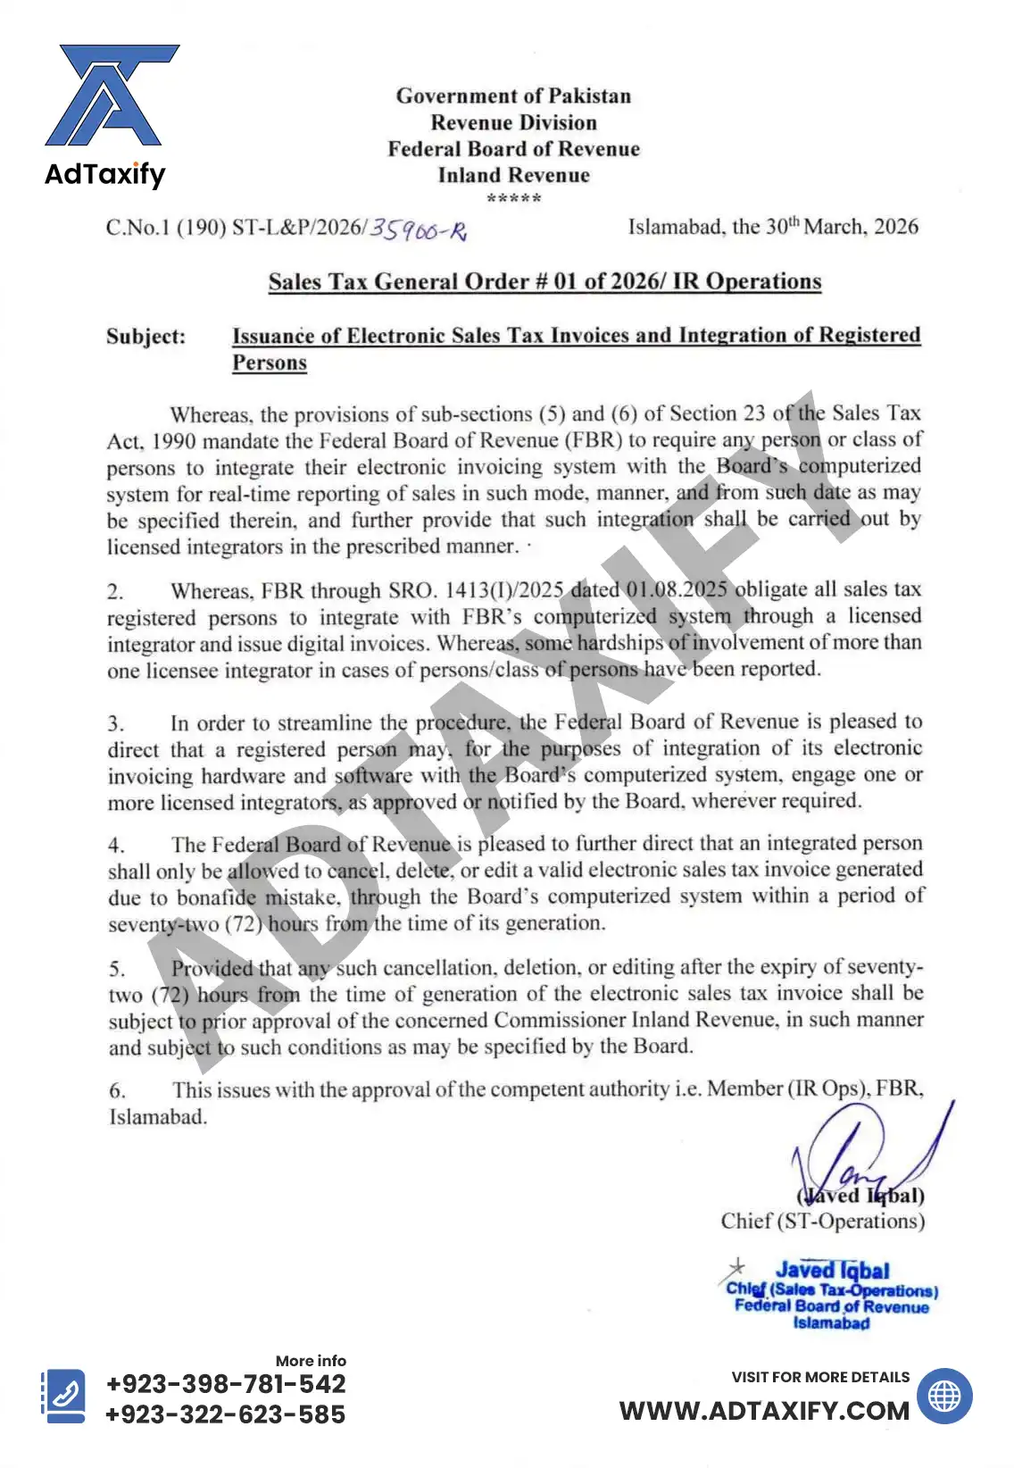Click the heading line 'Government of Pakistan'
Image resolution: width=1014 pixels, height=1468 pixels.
(x=513, y=96)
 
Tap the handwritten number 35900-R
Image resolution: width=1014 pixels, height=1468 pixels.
(x=418, y=229)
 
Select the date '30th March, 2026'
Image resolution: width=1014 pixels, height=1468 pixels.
(x=842, y=227)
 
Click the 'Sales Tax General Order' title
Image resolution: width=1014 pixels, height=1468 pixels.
(x=544, y=281)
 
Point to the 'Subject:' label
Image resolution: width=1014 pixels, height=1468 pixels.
(x=146, y=337)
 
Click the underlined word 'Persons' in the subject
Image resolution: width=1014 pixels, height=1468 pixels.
(x=270, y=363)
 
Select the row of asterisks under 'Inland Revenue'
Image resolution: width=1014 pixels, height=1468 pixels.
(x=513, y=198)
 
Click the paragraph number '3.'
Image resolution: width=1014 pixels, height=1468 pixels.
(x=116, y=723)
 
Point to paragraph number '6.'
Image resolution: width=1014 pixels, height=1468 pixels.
(x=117, y=1090)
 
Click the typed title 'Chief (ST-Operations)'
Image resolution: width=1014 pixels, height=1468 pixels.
(x=822, y=1222)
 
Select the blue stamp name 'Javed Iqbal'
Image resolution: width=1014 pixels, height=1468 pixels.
(x=832, y=1270)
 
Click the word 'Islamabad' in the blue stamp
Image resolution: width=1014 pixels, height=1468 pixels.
(x=831, y=1323)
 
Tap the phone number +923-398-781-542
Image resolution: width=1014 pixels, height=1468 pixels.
(x=226, y=1384)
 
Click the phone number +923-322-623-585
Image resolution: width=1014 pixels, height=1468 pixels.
(x=225, y=1414)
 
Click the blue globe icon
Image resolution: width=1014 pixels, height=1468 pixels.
(x=944, y=1396)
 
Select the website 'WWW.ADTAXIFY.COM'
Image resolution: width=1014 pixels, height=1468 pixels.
(x=764, y=1411)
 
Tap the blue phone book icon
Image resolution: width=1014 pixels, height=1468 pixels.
(x=65, y=1396)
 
